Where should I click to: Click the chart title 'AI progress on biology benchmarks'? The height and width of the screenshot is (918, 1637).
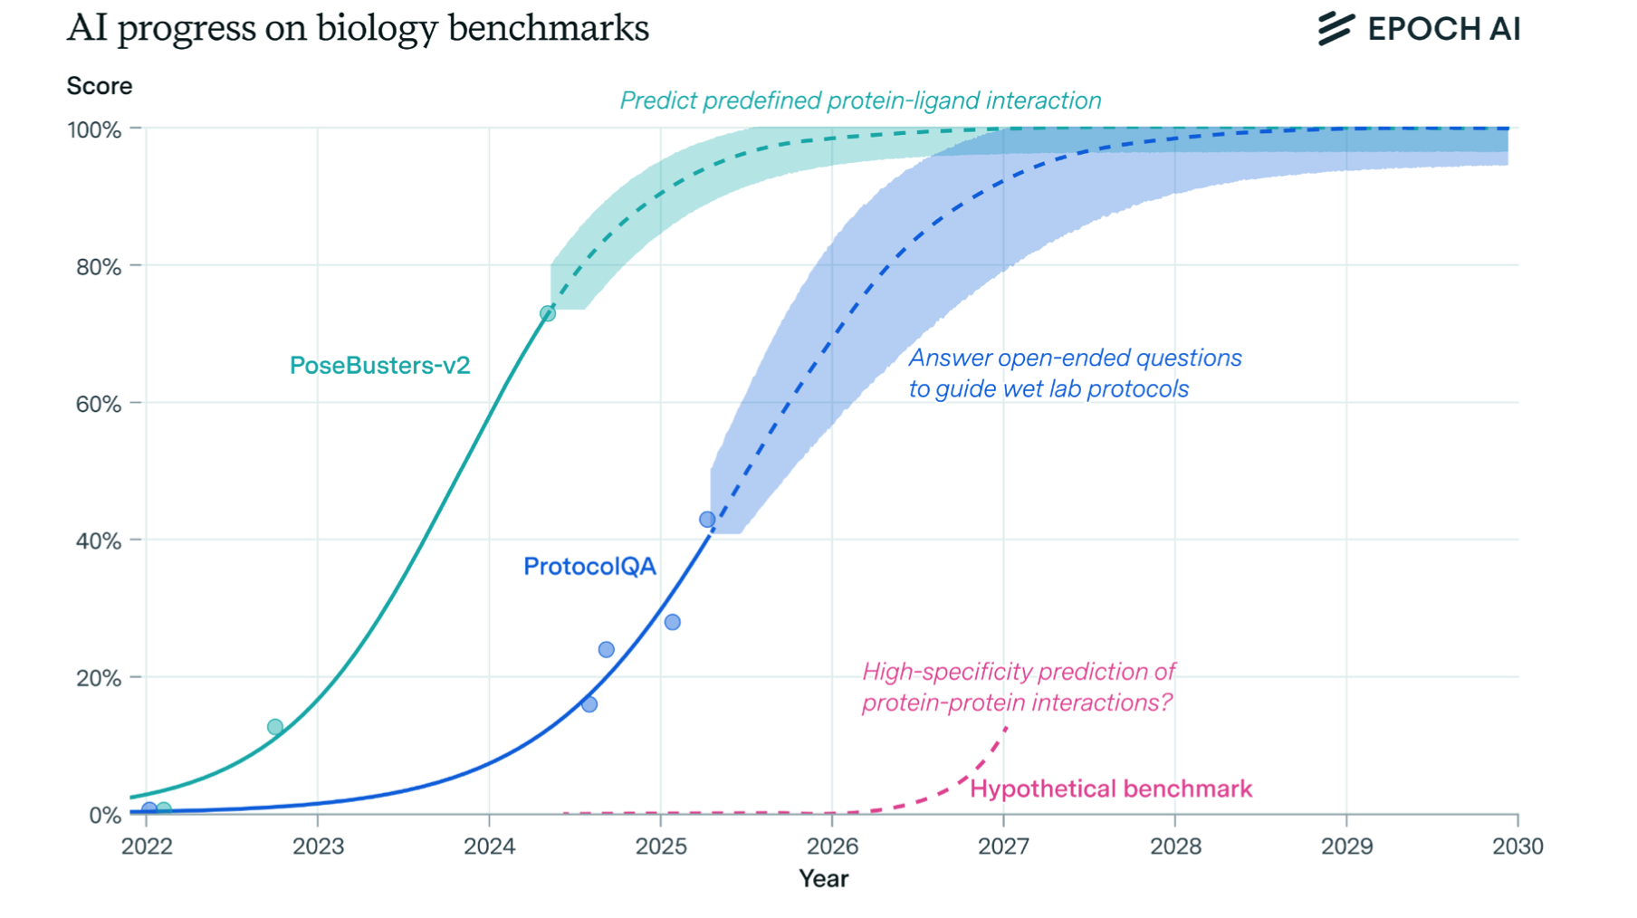coord(358,28)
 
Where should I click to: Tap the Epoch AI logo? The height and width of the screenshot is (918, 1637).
coord(1419,29)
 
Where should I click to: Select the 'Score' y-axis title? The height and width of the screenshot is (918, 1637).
coord(100,86)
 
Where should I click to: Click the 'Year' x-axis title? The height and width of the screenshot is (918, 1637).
coord(823,878)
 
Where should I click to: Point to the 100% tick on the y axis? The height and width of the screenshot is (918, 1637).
coord(94,130)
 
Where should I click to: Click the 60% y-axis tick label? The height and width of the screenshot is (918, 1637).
coord(98,404)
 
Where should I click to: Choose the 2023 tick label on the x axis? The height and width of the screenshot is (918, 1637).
coord(318,846)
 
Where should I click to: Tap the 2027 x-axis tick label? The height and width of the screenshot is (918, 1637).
coord(1003,846)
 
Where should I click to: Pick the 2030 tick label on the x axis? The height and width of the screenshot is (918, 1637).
coord(1517,846)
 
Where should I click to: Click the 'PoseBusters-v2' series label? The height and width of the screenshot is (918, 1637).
coord(379,366)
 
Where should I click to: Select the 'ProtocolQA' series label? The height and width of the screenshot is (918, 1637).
coord(589,567)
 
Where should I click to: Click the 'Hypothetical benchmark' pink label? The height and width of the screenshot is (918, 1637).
coord(1111,789)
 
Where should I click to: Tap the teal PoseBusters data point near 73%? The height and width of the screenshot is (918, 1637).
coord(548,313)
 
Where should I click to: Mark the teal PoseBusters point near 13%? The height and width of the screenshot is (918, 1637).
coord(275,727)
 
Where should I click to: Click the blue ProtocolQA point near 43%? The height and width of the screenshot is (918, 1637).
coord(707,520)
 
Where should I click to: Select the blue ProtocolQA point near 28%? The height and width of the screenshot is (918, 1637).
coord(672,622)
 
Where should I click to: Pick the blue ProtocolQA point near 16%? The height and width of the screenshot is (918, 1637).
coord(589,704)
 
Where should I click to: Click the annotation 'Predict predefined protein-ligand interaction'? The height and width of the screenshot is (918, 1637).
coord(860,100)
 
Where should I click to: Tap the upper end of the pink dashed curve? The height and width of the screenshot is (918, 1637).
coord(1006,728)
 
